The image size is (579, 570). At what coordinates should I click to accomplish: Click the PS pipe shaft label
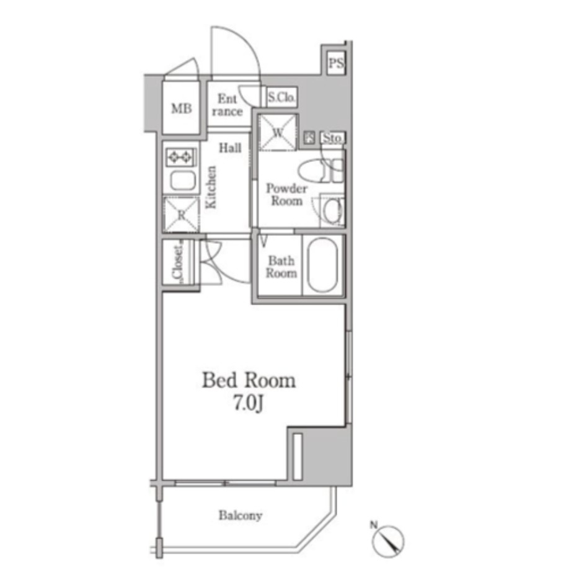tap(335, 63)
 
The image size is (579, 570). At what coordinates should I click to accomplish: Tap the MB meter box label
tap(181, 109)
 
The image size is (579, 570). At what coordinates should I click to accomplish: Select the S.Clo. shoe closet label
tap(281, 97)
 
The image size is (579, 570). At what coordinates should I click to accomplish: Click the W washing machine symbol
tap(278, 133)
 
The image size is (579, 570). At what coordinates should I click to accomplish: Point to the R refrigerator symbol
tap(181, 215)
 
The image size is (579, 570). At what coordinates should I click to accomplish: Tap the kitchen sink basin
tap(183, 181)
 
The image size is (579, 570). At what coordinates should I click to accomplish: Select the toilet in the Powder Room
tap(320, 171)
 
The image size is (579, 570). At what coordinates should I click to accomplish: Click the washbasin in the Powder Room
tap(333, 210)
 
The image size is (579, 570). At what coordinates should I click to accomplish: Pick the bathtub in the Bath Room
tap(323, 265)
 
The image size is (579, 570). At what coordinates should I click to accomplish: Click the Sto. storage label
tap(332, 138)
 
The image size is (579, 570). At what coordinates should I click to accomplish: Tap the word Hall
tap(230, 148)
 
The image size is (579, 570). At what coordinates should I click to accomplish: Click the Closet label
tap(178, 262)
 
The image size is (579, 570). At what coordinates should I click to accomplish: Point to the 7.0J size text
tap(248, 403)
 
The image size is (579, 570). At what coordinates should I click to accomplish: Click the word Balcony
tap(241, 515)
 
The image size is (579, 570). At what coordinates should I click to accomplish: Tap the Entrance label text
tap(227, 105)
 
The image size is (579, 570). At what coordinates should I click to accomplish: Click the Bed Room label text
tap(249, 380)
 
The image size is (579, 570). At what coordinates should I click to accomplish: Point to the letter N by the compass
tap(374, 525)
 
